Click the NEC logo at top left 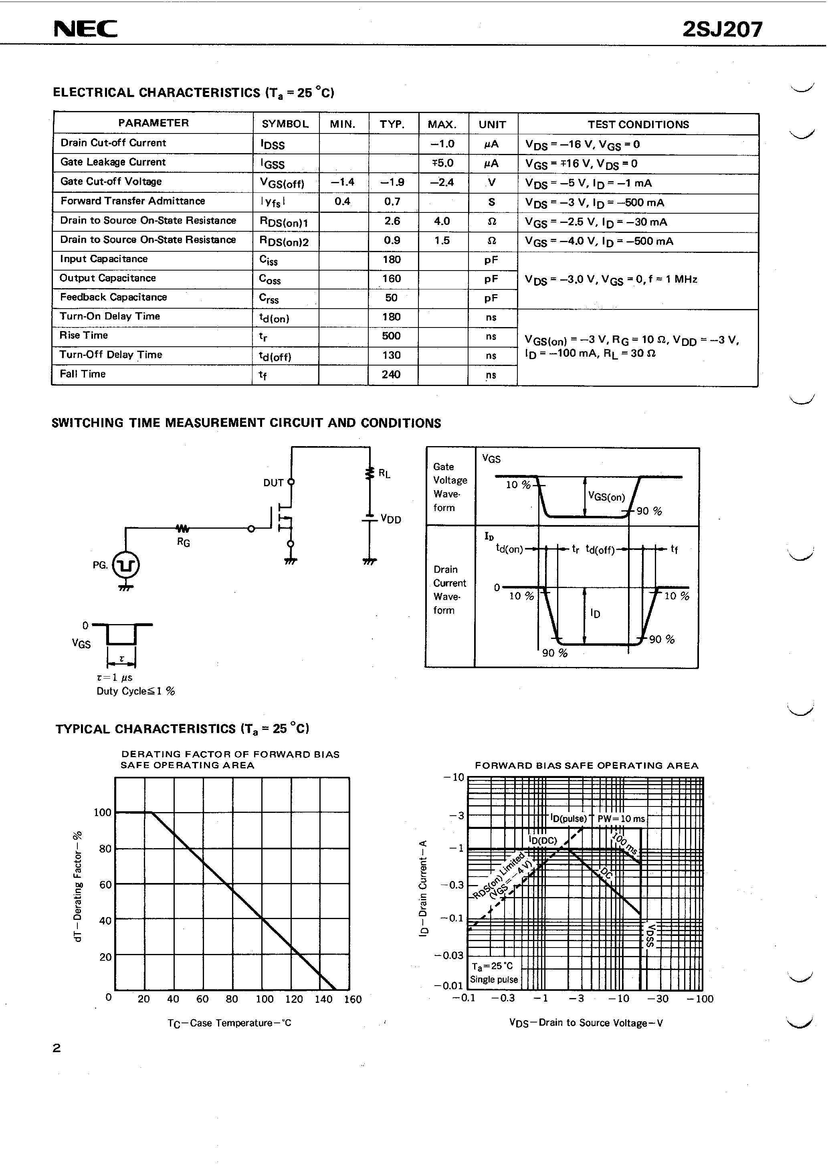[x=85, y=29]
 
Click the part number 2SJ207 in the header [x=722, y=30]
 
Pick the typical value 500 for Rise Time [x=392, y=336]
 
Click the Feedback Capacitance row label [x=113, y=297]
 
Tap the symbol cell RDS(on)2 [x=284, y=241]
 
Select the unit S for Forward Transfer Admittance [x=492, y=202]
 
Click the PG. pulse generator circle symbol [x=125, y=565]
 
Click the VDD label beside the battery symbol [x=391, y=519]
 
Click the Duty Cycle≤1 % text [x=136, y=691]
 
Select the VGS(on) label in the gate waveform [x=606, y=497]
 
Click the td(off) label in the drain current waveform [x=600, y=550]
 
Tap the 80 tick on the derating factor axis [x=105, y=849]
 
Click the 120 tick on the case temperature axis [x=294, y=999]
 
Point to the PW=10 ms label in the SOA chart [x=621, y=819]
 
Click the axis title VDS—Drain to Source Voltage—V [x=586, y=1022]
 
